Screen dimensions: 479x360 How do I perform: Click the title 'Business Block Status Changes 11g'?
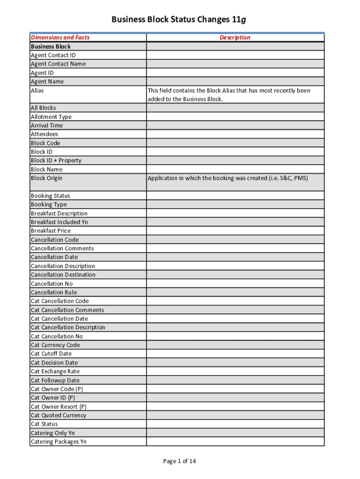tap(179, 20)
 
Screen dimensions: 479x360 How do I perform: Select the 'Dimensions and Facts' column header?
tap(60, 37)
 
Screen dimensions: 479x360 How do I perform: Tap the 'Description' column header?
tap(235, 37)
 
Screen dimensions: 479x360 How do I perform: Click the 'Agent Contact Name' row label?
tap(58, 64)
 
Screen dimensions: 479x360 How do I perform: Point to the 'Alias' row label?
tap(37, 90)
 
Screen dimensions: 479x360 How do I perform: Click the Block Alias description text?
tap(229, 94)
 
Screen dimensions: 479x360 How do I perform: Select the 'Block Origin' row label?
tap(46, 178)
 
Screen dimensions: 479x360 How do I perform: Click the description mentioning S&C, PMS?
tap(228, 178)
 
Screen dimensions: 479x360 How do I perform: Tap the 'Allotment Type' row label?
tap(51, 117)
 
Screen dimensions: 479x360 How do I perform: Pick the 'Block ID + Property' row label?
tap(56, 160)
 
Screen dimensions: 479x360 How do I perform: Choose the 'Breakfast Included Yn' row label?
tap(59, 222)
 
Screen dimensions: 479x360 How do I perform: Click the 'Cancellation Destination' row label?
tap(63, 275)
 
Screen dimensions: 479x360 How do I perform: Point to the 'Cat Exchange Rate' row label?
tap(55, 371)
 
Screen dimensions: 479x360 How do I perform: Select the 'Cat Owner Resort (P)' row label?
tap(58, 406)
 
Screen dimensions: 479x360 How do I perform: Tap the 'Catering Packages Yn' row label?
tap(58, 442)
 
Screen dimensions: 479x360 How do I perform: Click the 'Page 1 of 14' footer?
tap(180, 461)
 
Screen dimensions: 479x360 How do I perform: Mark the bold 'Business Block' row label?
tap(50, 46)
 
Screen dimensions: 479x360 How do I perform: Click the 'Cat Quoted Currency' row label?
tap(58, 415)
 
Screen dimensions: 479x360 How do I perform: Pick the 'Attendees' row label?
tap(44, 134)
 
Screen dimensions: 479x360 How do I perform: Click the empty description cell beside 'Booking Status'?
tap(235, 196)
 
